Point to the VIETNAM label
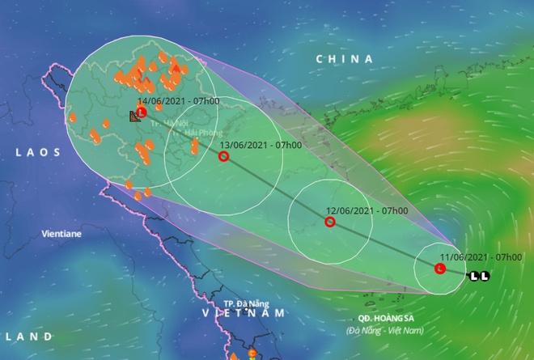[244, 312]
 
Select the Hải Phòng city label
[202, 132]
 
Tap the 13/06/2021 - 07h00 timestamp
[261, 145]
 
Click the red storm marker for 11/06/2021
[440, 268]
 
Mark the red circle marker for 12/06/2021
[329, 221]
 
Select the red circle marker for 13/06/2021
[223, 156]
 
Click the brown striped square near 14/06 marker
[134, 117]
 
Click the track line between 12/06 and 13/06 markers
[276, 189]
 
